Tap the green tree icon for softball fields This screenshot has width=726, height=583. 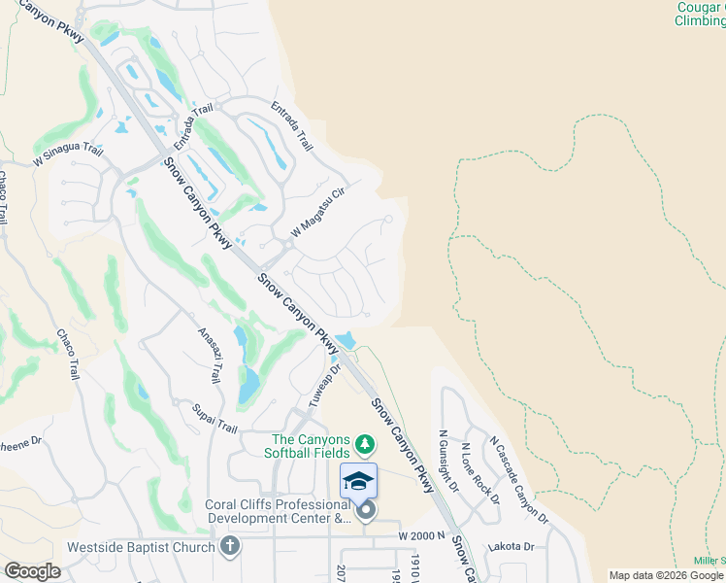pyautogui.click(x=365, y=445)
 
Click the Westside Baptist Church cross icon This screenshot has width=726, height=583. pyautogui.click(x=229, y=546)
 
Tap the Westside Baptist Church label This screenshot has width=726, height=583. pyautogui.click(x=141, y=546)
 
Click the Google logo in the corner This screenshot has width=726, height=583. pyautogui.click(x=31, y=571)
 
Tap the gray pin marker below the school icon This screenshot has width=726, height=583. pyautogui.click(x=365, y=510)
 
